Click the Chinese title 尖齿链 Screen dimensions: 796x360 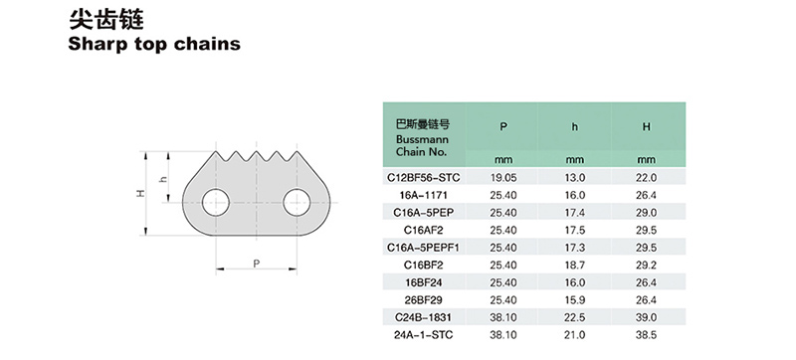pyautogui.click(x=106, y=20)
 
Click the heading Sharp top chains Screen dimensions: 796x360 pyautogui.click(x=154, y=44)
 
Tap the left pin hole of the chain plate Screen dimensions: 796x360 pyautogui.click(x=216, y=202)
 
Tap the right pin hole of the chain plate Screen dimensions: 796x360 pyautogui.click(x=297, y=202)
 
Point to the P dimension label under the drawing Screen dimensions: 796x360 pyautogui.click(x=257, y=263)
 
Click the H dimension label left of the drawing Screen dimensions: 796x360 pyautogui.click(x=141, y=193)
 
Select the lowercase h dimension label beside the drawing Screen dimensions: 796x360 pyautogui.click(x=163, y=178)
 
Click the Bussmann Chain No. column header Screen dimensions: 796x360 pyautogui.click(x=422, y=138)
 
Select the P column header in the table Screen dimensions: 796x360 pyautogui.click(x=503, y=126)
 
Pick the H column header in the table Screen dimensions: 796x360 pyautogui.click(x=646, y=126)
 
